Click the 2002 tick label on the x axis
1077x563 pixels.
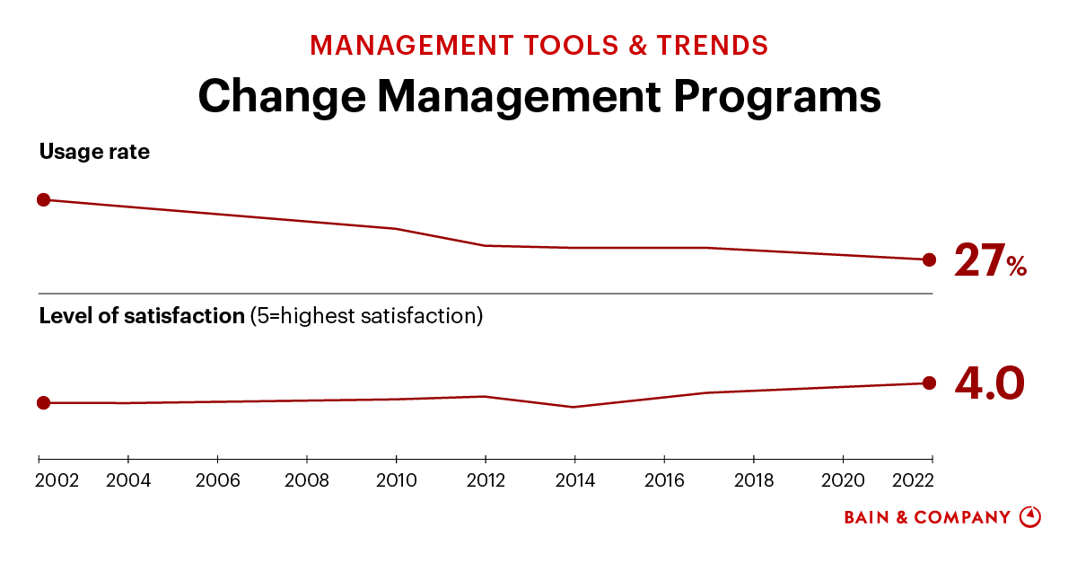pos(57,480)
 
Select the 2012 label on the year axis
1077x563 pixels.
pos(485,480)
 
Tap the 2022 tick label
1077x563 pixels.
pos(913,480)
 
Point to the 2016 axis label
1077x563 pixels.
pos(663,480)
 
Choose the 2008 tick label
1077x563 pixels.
pos(307,480)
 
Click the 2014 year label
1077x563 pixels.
pos(574,480)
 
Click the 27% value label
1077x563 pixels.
pos(989,260)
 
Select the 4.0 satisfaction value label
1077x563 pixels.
pos(989,383)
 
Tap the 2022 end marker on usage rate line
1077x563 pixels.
pos(929,260)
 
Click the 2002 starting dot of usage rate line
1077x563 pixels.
pos(43,199)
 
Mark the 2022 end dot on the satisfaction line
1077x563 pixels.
pos(929,383)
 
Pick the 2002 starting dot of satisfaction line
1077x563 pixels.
pos(43,402)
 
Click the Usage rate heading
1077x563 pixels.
pos(94,152)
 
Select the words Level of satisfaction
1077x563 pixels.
pos(142,316)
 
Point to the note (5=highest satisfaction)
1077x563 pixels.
pos(366,316)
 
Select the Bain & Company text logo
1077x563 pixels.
pos(927,517)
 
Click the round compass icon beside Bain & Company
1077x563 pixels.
pos(1030,517)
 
